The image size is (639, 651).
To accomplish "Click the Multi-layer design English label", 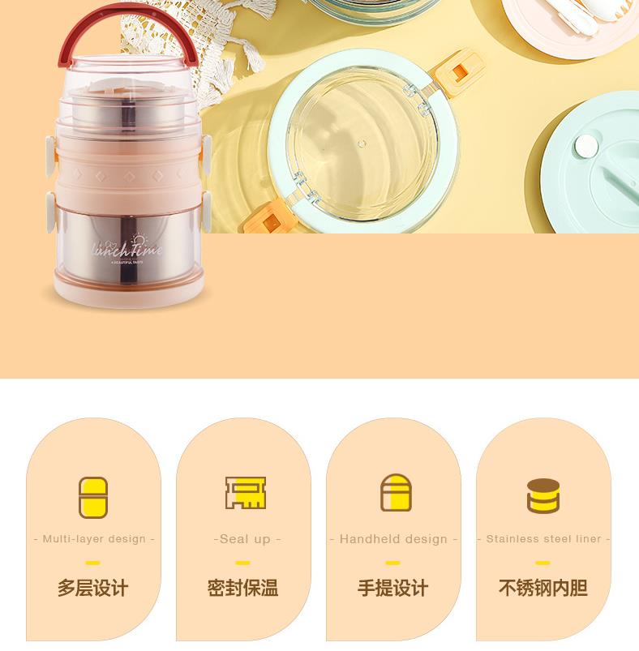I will coord(93,538).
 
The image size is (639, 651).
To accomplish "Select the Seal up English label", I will coord(246,538).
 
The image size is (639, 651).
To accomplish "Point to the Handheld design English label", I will coord(393,538).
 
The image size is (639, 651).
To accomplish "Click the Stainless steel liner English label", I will coord(543,538).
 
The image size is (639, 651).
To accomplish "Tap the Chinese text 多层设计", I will coord(93,588).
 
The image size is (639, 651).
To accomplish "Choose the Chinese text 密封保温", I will coord(243,588).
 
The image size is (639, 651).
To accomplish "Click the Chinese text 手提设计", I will coord(393,588).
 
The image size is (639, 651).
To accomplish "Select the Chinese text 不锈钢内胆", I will coord(543,588).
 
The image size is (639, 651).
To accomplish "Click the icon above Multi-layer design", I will coord(93,497).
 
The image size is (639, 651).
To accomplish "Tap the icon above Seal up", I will coord(246,493).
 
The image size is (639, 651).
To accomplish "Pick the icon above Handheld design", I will coord(396,493).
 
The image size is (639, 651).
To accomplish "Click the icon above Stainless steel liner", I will coord(543,496).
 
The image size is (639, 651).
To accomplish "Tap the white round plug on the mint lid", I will coord(584,147).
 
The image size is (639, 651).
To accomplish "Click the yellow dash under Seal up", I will coord(243,563).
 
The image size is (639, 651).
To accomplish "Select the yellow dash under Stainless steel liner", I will coord(543,563).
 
